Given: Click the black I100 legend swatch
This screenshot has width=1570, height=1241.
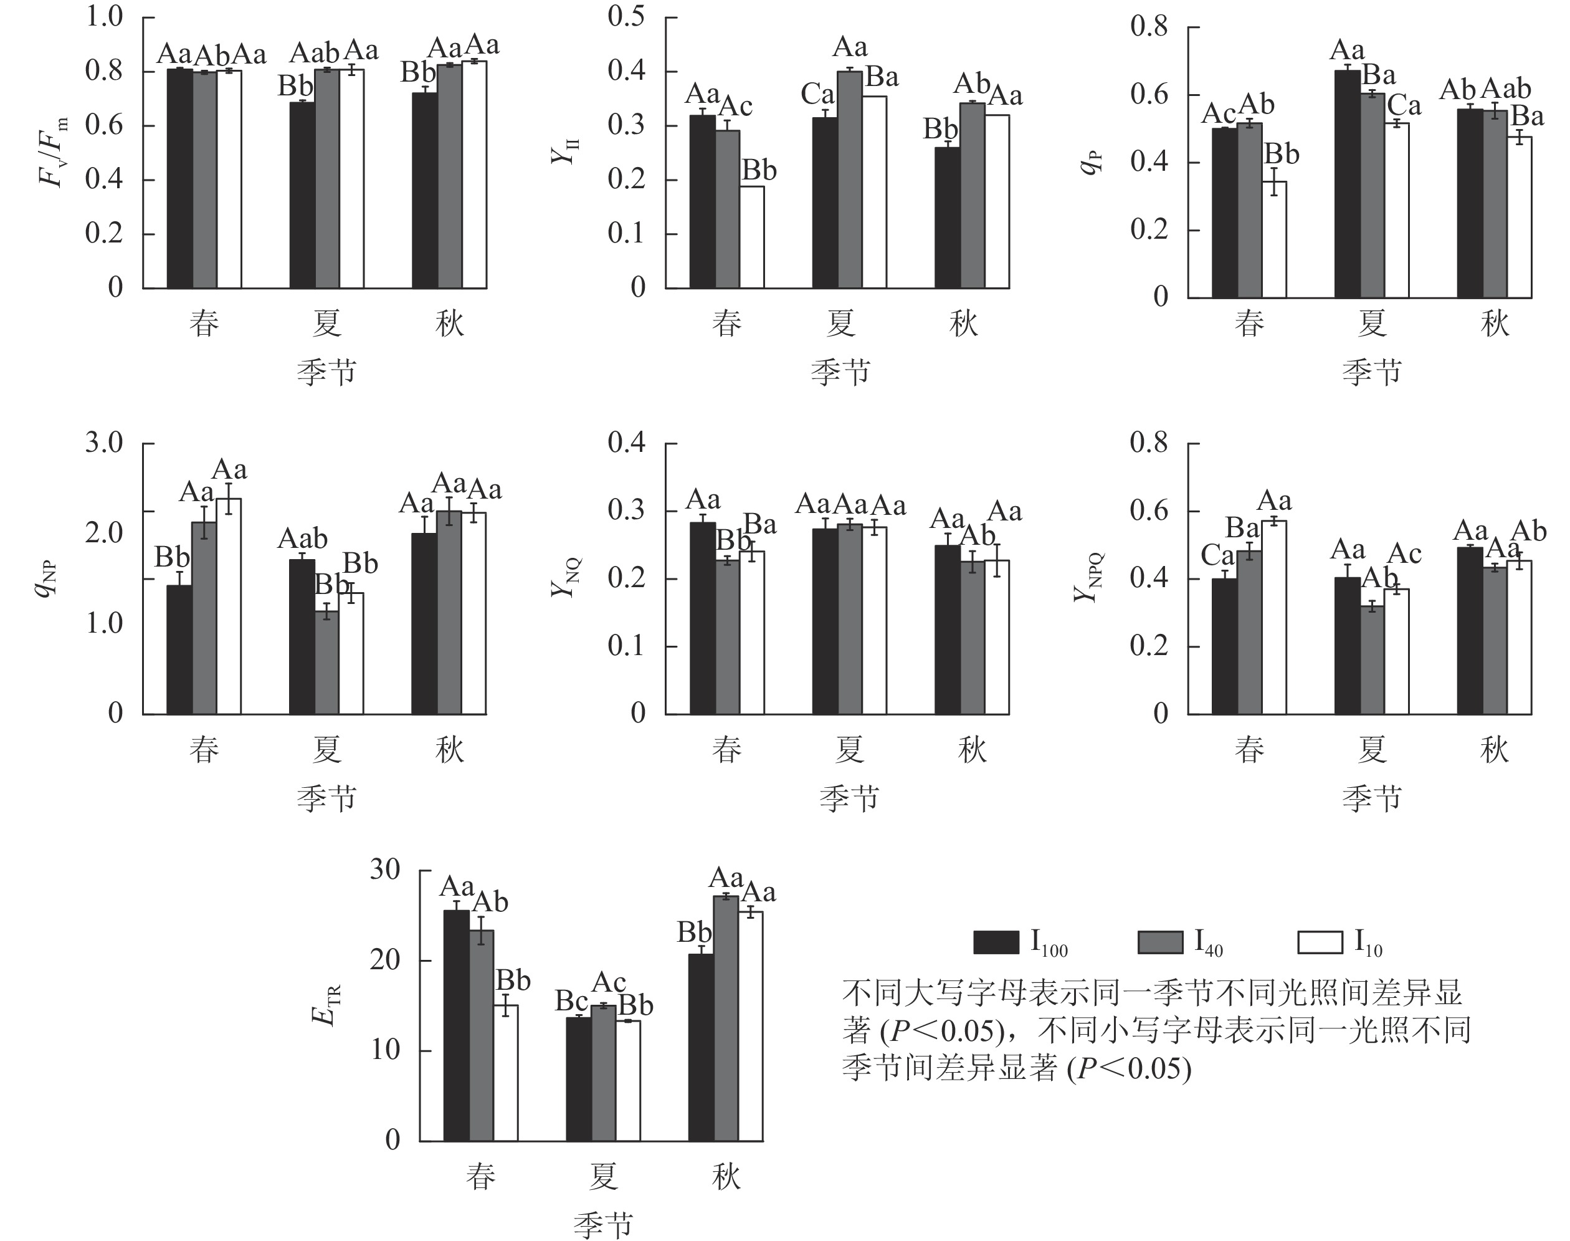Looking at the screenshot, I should pyautogui.click(x=996, y=942).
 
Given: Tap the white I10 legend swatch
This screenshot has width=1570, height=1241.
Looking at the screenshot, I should pyautogui.click(x=1320, y=942).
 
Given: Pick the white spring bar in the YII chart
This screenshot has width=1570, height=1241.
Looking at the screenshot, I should pyautogui.click(x=751, y=237).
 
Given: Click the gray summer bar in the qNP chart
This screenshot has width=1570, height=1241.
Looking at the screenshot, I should pyautogui.click(x=327, y=663).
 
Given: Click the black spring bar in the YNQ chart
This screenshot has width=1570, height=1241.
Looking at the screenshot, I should pyautogui.click(x=702, y=618).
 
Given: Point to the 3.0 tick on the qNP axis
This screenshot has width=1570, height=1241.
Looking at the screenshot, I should pyautogui.click(x=105, y=443).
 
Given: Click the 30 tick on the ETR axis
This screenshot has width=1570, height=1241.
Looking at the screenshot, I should pyautogui.click(x=385, y=870).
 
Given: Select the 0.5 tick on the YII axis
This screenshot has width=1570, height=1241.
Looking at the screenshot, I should pyautogui.click(x=626, y=17).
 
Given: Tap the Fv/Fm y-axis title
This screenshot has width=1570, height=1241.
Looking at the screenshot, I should pyautogui.click(x=53, y=152).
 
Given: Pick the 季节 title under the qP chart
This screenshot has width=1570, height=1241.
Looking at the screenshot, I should pyautogui.click(x=1371, y=372).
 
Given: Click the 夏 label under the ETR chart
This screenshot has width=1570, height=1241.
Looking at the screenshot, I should pyautogui.click(x=602, y=1176).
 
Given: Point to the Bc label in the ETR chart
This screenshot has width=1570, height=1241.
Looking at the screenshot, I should pyautogui.click(x=571, y=1000).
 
